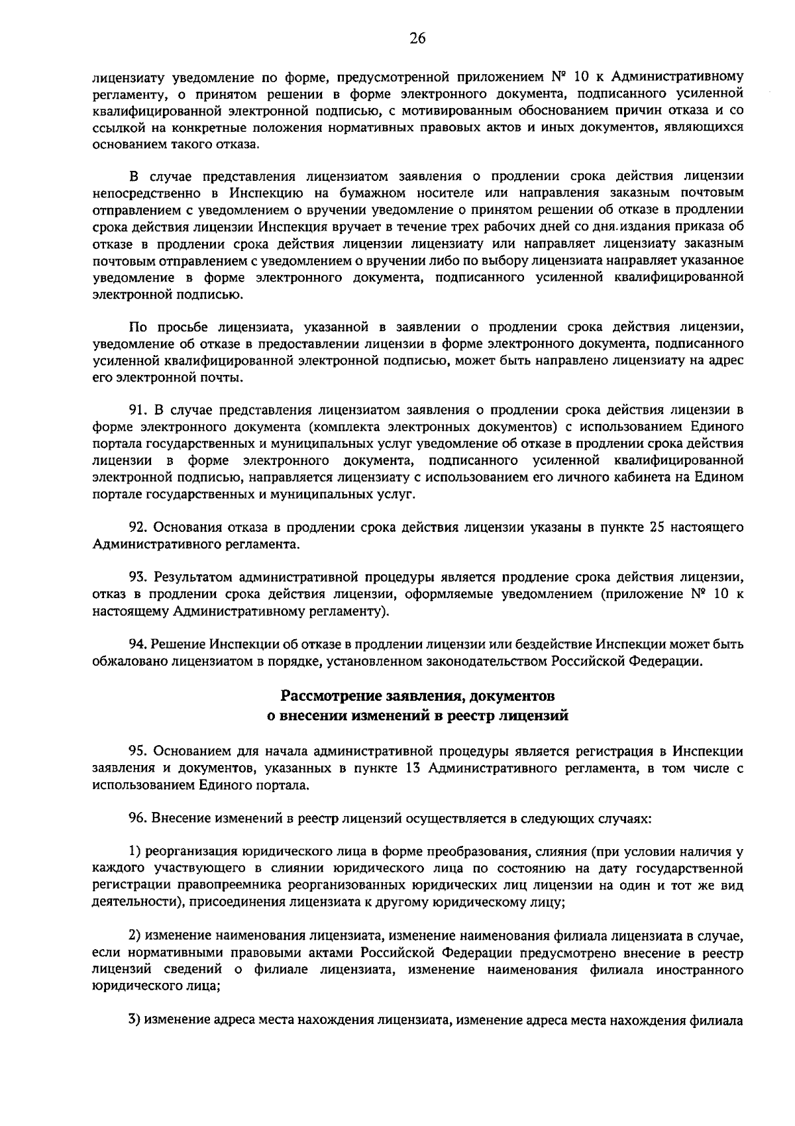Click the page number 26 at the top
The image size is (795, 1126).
click(x=417, y=39)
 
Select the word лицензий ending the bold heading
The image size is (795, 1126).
click(x=536, y=715)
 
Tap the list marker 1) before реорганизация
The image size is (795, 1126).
click(x=134, y=852)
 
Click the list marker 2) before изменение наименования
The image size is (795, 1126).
click(x=134, y=937)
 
